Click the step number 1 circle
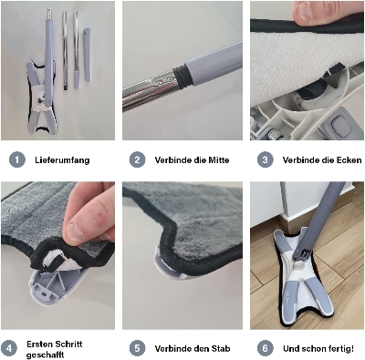(x=17, y=159)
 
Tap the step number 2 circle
(x=137, y=159)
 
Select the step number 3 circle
(x=265, y=159)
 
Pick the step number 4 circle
(x=9, y=348)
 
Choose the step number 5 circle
(x=137, y=348)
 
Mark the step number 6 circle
(x=265, y=348)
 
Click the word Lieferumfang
(x=62, y=160)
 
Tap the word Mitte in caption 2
(x=218, y=160)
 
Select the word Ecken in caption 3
(x=349, y=160)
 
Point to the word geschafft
(x=45, y=355)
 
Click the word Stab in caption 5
(x=221, y=348)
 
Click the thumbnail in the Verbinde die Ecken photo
(x=307, y=12)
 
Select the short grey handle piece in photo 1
(x=87, y=55)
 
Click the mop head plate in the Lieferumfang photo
(x=41, y=98)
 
